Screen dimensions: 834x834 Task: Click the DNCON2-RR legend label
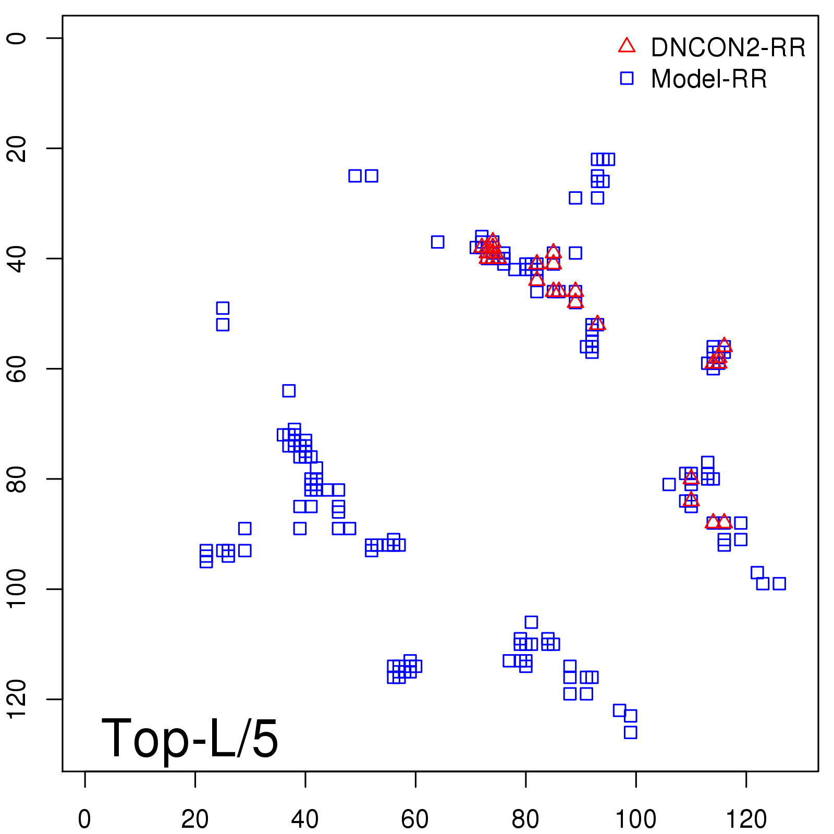click(x=728, y=48)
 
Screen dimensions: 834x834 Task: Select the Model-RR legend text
click(x=709, y=79)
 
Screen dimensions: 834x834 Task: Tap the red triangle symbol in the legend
click(x=627, y=46)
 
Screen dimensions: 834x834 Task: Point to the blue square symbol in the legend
click(x=627, y=78)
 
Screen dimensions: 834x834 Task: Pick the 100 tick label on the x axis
click(x=636, y=820)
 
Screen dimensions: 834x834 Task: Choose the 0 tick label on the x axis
click(x=84, y=820)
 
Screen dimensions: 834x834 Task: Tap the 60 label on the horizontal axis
click(x=415, y=820)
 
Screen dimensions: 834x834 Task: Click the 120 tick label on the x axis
click(x=746, y=820)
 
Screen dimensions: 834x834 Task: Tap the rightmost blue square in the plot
click(x=779, y=583)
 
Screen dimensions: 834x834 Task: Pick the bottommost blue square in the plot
click(x=630, y=732)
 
